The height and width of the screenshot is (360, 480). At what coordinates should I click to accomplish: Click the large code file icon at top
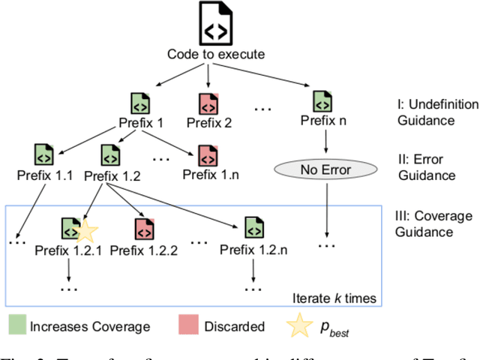coord(209,26)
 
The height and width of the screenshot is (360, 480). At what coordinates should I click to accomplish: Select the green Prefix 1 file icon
coord(139,103)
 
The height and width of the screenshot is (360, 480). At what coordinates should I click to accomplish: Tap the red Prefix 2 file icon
coord(208,103)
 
